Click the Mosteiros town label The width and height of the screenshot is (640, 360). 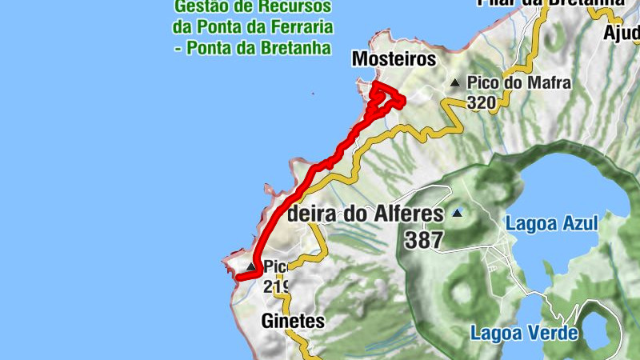tap(394, 60)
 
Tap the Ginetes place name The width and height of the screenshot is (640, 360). tap(293, 322)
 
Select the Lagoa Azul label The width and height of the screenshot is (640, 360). tap(551, 223)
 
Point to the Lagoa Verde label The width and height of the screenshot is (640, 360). tap(523, 332)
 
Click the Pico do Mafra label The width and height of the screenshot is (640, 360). tap(508, 82)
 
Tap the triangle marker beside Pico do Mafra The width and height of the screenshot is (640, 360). tap(455, 82)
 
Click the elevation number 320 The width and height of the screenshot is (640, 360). tap(482, 102)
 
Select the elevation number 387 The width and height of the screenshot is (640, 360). tap(424, 239)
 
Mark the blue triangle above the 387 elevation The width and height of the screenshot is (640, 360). tap(457, 213)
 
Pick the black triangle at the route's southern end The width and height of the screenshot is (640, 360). tap(251, 266)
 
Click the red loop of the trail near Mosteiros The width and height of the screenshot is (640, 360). tap(389, 98)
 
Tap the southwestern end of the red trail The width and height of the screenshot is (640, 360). tap(238, 278)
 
